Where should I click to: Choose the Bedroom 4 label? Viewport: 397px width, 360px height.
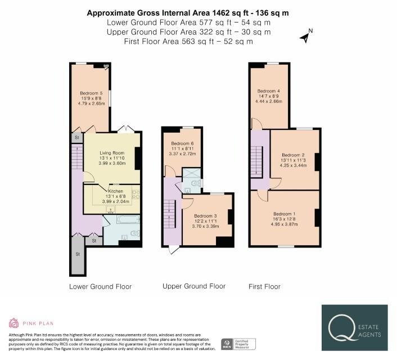coord(268,91)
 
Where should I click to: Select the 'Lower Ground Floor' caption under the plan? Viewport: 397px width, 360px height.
coord(100,286)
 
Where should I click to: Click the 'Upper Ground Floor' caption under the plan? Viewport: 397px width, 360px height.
coord(193,286)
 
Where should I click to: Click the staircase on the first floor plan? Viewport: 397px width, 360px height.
coord(256,160)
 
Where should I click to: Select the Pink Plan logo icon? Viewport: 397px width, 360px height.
coord(13,323)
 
